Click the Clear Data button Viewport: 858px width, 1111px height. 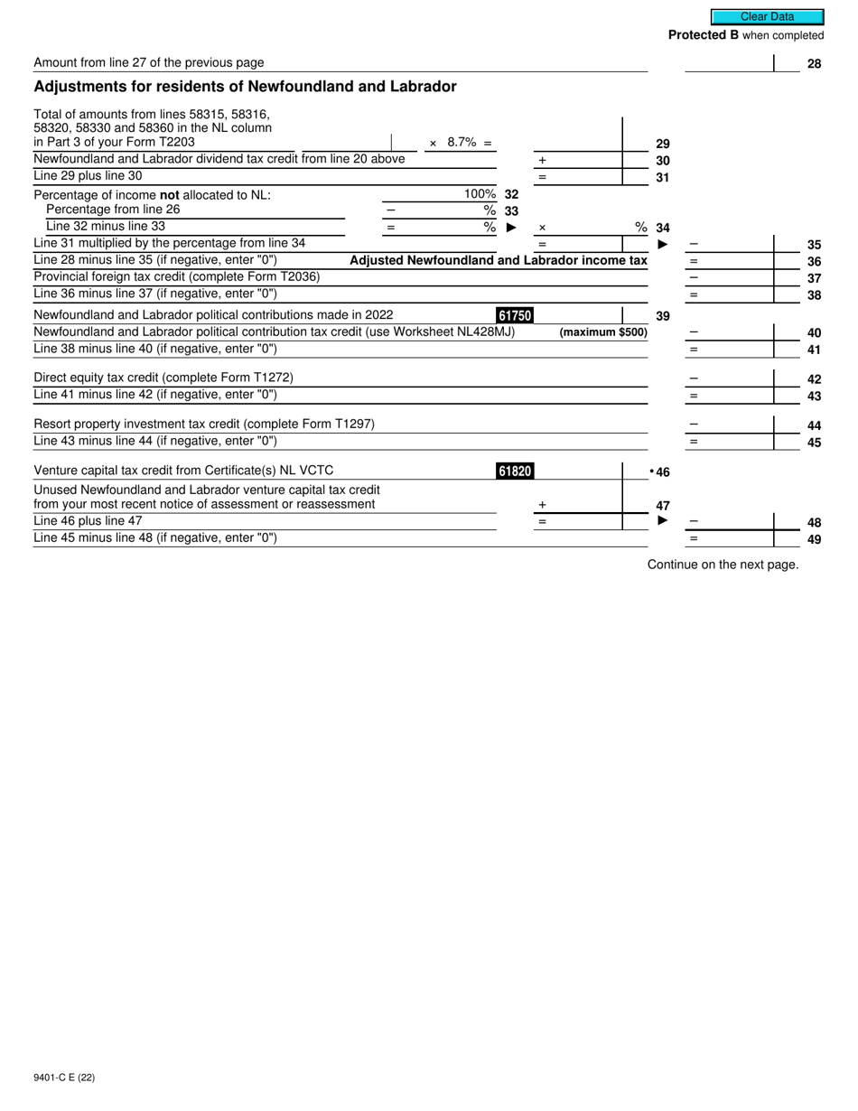[767, 16]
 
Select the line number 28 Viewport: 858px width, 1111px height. [814, 64]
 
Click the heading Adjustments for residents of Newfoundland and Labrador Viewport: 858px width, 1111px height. [245, 87]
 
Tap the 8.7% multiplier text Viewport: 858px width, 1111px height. [462, 143]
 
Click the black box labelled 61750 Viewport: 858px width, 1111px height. [515, 315]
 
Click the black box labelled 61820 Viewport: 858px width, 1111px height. [515, 471]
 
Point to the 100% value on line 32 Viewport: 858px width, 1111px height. [480, 194]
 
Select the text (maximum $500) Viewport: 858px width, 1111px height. [603, 332]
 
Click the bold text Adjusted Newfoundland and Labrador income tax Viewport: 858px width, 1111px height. [498, 260]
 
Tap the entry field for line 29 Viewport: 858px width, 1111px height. [577, 142]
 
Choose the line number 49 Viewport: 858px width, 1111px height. [814, 540]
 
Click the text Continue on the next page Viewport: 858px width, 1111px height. [723, 565]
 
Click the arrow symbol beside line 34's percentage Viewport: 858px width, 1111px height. [511, 228]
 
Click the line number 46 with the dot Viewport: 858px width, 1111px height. [660, 472]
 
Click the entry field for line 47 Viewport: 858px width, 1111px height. [577, 505]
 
